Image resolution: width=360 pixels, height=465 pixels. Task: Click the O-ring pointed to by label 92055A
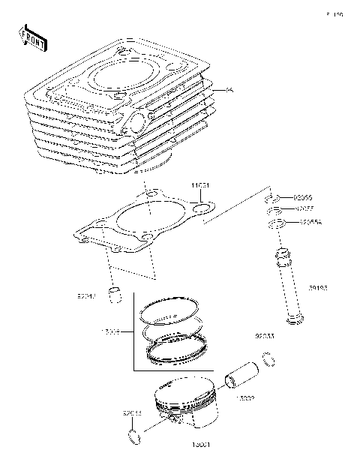pos(274,224)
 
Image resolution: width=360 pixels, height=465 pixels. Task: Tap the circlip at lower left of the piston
pos(133,436)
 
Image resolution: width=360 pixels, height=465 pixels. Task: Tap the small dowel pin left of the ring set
pos(115,292)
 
